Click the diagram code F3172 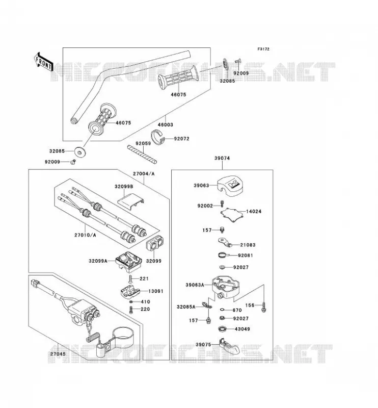click(263, 49)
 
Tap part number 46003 click(166, 124)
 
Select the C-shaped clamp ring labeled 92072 click(158, 136)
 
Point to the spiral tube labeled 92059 click(142, 155)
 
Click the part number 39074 click(222, 158)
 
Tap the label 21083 click(248, 245)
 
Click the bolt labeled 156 click(264, 307)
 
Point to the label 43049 click(242, 329)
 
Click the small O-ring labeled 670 click(223, 310)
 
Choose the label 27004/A click(144, 173)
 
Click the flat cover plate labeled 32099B click(131, 201)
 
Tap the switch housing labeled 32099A click(128, 261)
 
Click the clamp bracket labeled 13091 click(130, 291)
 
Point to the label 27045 click(58, 354)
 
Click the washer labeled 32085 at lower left click(80, 151)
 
